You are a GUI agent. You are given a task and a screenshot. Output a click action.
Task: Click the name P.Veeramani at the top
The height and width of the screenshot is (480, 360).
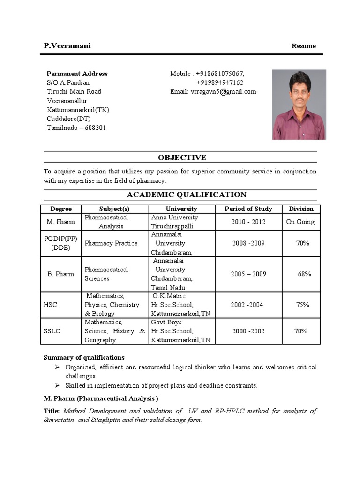pyautogui.click(x=67, y=45)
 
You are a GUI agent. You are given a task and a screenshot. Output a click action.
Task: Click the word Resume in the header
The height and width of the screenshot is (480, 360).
pyautogui.click(x=304, y=46)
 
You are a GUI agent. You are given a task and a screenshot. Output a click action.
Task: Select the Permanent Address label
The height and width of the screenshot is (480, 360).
pyautogui.click(x=77, y=74)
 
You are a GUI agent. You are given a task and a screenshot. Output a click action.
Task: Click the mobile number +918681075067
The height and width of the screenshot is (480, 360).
pyautogui.click(x=219, y=74)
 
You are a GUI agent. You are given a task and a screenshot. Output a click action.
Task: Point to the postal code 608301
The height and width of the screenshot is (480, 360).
pyautogui.click(x=96, y=127)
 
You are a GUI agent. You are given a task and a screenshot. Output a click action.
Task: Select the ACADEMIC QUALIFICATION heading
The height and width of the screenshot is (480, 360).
pyautogui.click(x=180, y=195)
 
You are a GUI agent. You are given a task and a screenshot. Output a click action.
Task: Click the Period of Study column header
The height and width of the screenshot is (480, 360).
pyautogui.click(x=248, y=209)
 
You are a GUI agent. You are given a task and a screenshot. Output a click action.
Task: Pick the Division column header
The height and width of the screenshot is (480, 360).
pyautogui.click(x=301, y=209)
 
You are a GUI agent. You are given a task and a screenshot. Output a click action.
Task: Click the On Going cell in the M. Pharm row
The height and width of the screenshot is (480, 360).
pyautogui.click(x=300, y=222)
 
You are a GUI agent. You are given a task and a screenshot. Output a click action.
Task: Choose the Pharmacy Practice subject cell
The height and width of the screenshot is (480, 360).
pyautogui.click(x=111, y=243)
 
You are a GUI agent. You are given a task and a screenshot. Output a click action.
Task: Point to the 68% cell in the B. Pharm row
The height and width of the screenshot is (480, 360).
pyautogui.click(x=304, y=274)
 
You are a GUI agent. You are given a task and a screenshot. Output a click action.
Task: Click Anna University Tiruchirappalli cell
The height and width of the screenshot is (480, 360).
pyautogui.click(x=174, y=222)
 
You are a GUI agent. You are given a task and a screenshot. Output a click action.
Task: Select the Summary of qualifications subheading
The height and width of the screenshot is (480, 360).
pyautogui.click(x=84, y=357)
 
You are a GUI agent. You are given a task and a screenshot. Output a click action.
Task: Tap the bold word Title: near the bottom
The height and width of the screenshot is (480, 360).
pyautogui.click(x=52, y=411)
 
